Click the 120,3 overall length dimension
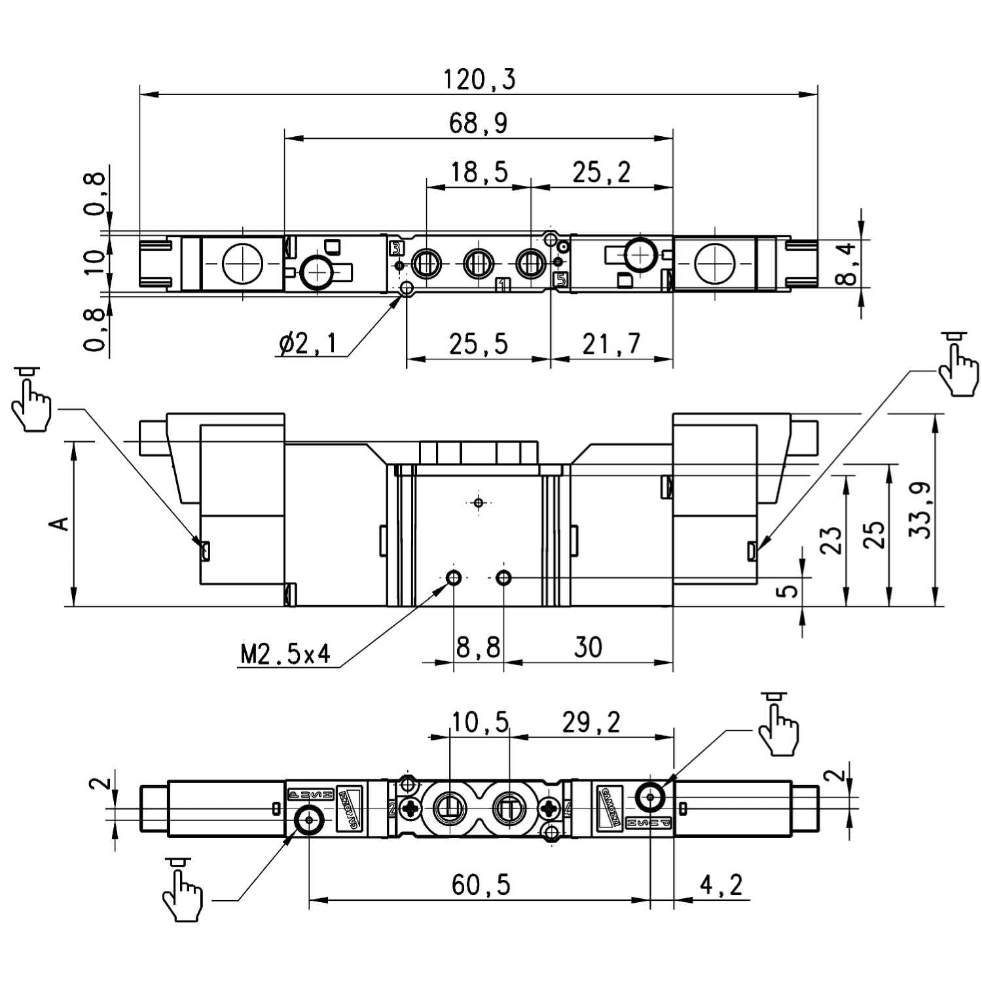point(479,79)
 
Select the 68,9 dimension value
point(478,123)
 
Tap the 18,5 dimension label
point(479,172)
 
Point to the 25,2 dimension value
point(601,172)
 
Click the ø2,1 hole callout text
point(307,343)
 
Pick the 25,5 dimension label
point(479,344)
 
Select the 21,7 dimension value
point(611,344)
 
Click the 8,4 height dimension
point(846,264)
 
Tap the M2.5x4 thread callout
point(285,653)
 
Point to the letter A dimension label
point(60,524)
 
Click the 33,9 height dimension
point(920,511)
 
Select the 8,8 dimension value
point(478,647)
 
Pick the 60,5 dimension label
point(480,885)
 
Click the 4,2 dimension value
point(721,885)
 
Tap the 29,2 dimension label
point(591,722)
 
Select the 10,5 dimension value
point(480,722)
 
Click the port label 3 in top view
point(396,248)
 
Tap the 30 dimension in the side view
point(587,647)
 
